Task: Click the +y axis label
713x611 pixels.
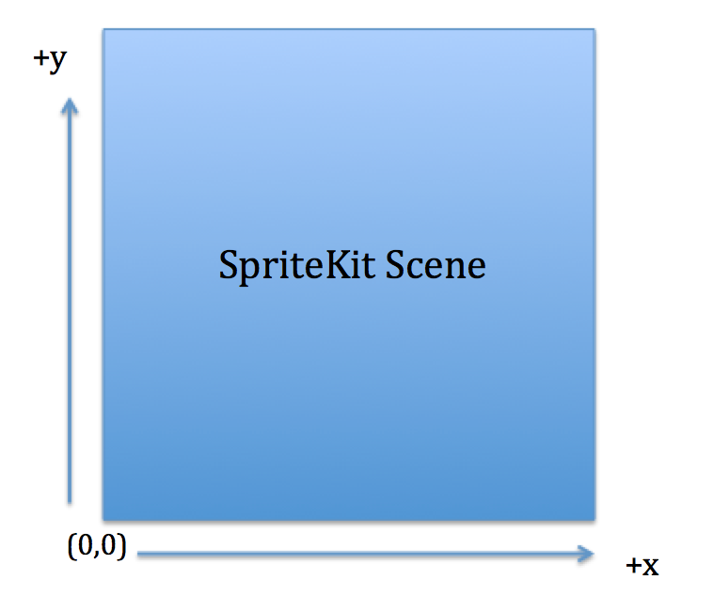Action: point(50,60)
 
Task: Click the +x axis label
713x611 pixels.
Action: point(642,566)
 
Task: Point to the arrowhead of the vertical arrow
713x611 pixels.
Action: point(70,99)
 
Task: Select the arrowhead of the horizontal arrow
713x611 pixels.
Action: point(593,554)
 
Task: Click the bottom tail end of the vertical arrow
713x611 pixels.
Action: point(70,503)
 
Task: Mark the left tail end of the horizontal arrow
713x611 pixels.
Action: point(137,554)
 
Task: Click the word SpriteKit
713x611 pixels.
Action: point(297,266)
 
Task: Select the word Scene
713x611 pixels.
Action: point(436,264)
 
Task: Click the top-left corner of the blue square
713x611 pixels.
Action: point(103,29)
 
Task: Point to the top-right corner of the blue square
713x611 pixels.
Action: point(594,29)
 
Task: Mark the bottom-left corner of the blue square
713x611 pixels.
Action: point(103,520)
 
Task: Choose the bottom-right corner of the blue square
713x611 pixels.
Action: point(594,520)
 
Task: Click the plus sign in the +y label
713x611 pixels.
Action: point(40,58)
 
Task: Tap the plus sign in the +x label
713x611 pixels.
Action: point(633,566)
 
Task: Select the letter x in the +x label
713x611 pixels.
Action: point(650,567)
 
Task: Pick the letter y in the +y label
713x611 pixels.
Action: point(57,61)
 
